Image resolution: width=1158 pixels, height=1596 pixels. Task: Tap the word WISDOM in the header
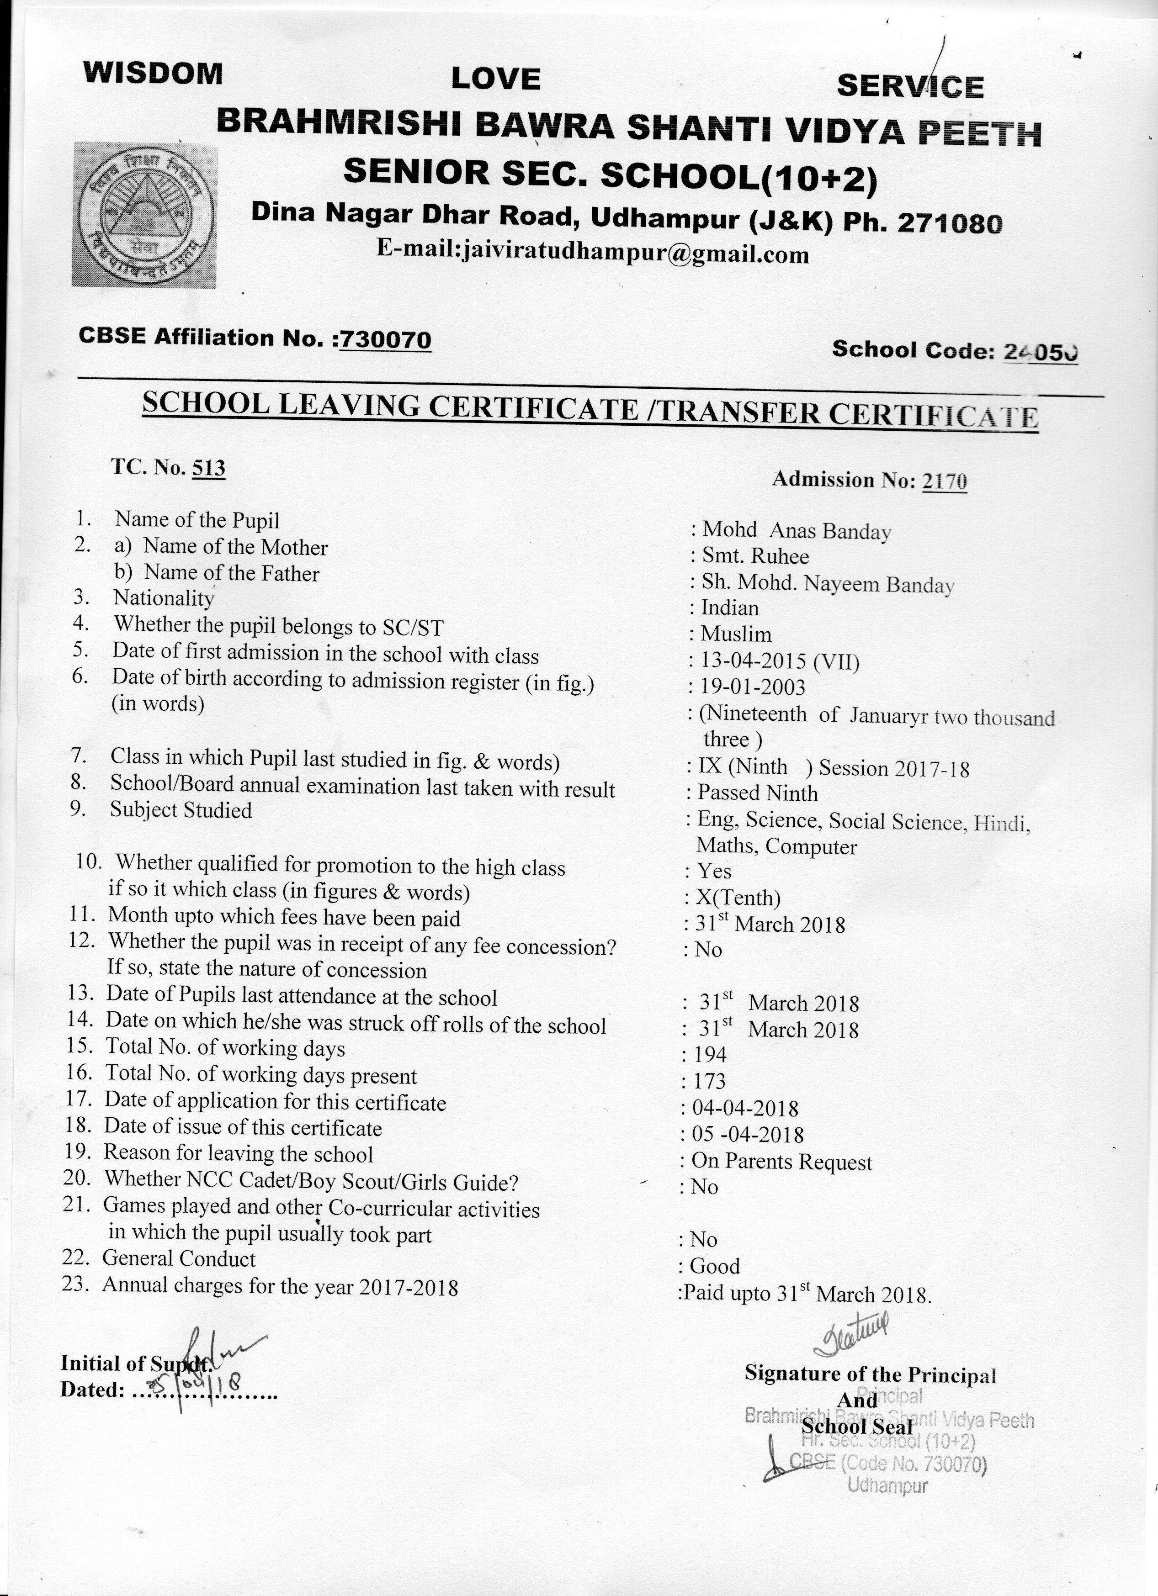click(x=153, y=73)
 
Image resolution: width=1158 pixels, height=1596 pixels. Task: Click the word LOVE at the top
click(x=495, y=79)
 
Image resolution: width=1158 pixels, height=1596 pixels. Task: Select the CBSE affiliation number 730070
click(x=385, y=340)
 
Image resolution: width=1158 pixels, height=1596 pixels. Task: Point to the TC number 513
click(x=208, y=468)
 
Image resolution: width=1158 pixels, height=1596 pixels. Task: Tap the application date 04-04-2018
click(x=745, y=1108)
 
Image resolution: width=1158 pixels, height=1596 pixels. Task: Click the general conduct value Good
click(x=715, y=1266)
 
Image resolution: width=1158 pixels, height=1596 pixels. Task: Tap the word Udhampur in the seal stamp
click(x=887, y=1486)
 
